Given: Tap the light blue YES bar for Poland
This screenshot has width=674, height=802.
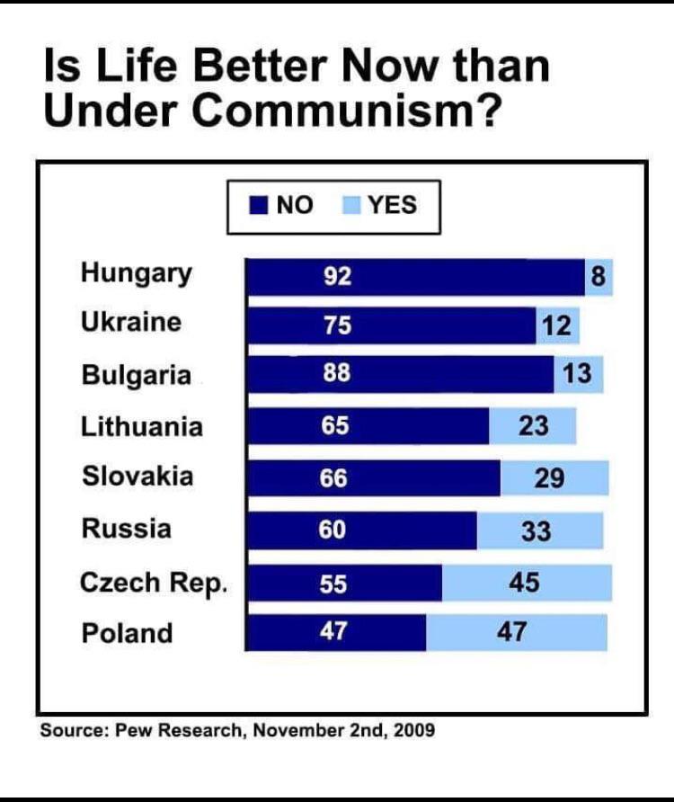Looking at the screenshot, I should click(x=517, y=632).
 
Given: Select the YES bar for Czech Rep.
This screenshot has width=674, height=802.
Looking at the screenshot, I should click(x=527, y=584).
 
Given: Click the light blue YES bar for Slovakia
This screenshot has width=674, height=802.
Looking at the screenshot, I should click(x=554, y=478).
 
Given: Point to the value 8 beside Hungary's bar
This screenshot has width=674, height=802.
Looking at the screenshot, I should click(x=599, y=278).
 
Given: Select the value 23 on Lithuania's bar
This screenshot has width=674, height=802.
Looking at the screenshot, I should click(x=533, y=425).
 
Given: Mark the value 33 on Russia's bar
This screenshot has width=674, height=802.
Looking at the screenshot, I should click(x=537, y=531).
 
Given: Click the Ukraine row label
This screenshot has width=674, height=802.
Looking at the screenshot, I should click(x=131, y=322).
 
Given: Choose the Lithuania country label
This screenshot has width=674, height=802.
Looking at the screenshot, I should click(x=142, y=425).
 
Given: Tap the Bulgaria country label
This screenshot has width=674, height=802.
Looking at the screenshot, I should click(x=137, y=374).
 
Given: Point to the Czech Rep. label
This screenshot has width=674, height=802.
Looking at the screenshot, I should click(x=154, y=583).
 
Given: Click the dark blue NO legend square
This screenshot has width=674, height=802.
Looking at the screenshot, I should click(x=259, y=206).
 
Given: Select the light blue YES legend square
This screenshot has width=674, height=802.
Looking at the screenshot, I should click(x=352, y=206).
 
